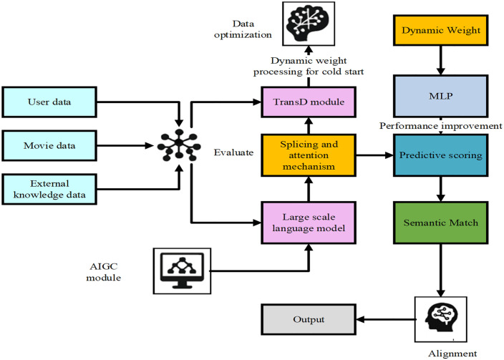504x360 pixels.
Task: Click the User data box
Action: [49, 102]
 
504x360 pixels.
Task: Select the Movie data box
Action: [49, 145]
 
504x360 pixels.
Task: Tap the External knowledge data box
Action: [49, 190]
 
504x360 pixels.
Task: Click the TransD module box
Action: [309, 102]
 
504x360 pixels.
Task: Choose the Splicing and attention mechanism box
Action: [309, 155]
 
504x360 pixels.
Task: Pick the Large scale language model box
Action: [309, 223]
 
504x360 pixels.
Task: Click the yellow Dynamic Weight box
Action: [441, 30]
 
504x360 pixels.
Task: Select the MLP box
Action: [441, 96]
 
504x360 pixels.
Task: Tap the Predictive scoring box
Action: [441, 155]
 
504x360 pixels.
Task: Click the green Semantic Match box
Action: [441, 223]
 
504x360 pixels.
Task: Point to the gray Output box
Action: [309, 319]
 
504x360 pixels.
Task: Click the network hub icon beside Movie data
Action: [179, 145]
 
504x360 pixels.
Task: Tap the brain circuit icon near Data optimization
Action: [309, 24]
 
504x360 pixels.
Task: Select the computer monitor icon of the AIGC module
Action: [182, 271]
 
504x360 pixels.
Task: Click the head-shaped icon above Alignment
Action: [441, 319]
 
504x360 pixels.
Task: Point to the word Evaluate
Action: [233, 152]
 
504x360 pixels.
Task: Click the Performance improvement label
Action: [441, 126]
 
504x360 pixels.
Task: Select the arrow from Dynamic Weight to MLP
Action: [441, 60]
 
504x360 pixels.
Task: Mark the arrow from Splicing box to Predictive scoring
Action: [375, 155]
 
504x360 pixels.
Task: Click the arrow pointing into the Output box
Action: [385, 319]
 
